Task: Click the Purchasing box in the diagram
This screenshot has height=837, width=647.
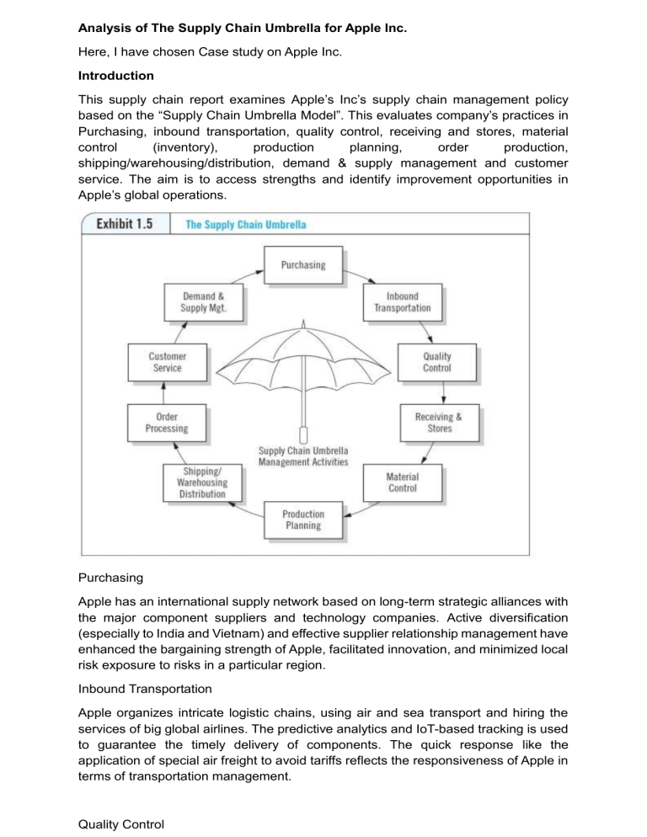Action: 303,264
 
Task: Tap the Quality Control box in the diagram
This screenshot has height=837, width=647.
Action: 436,362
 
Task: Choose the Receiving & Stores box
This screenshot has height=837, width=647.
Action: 438,423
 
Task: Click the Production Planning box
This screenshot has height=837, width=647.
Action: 302,520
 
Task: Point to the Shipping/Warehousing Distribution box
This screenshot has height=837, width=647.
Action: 201,482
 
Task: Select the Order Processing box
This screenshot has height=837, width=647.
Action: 166,423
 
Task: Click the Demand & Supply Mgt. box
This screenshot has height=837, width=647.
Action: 202,301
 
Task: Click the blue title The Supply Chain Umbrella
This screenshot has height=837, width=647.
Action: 245,225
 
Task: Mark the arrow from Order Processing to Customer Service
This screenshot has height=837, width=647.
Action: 163,392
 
